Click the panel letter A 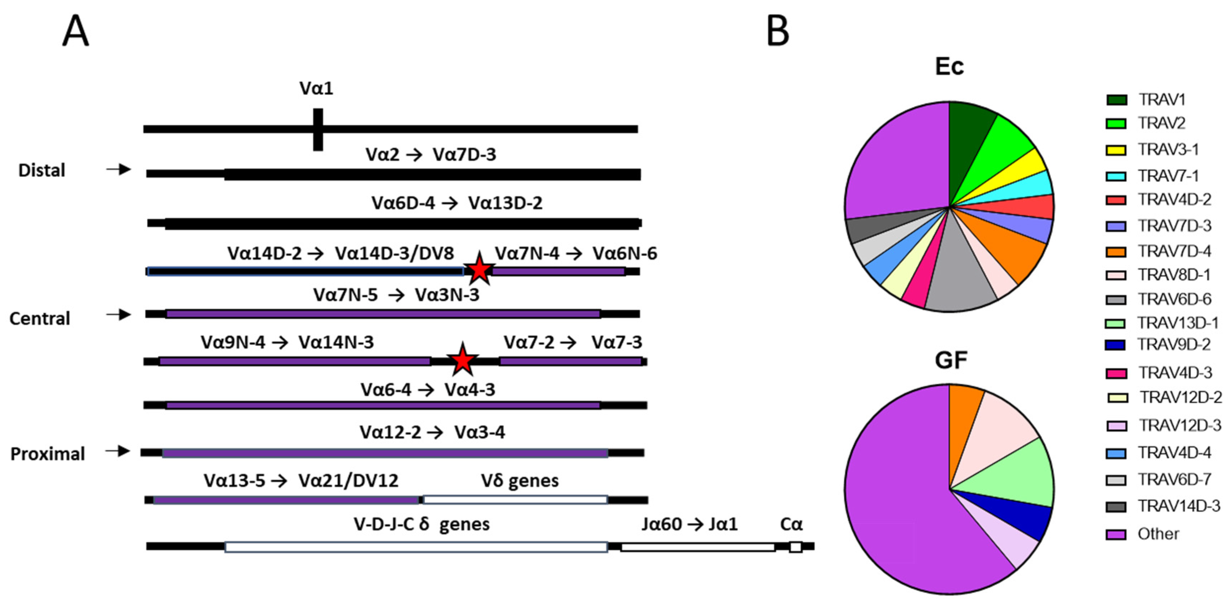click(75, 31)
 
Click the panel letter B click(778, 31)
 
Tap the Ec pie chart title click(949, 66)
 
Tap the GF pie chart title click(951, 360)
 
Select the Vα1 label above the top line click(316, 89)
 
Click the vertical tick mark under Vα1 click(318, 129)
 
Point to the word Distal click(42, 170)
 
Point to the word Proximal click(48, 454)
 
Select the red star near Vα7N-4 click(479, 270)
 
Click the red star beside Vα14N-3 click(462, 360)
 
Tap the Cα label click(791, 524)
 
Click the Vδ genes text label click(520, 481)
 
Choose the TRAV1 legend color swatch click(1116, 100)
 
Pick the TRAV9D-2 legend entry click(1174, 344)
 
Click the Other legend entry click(1158, 534)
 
